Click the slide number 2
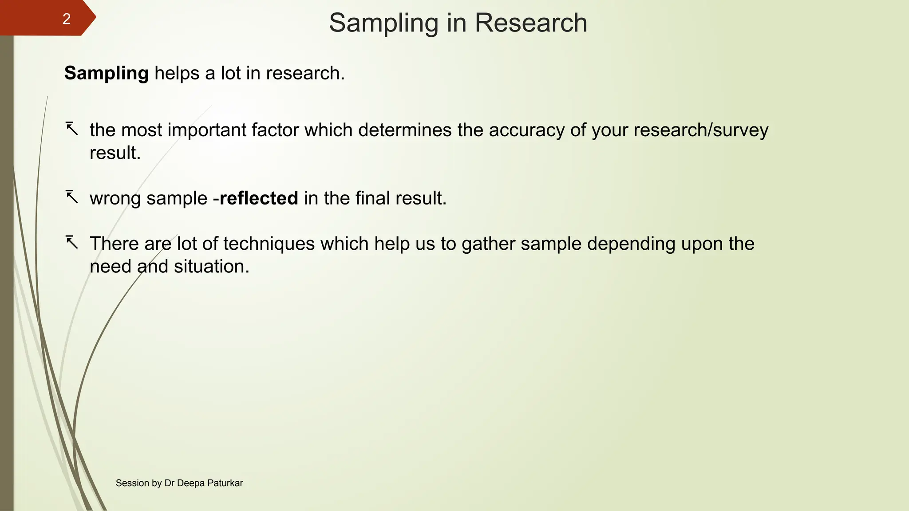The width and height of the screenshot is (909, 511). click(66, 19)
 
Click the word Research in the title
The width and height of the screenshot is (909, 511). click(531, 23)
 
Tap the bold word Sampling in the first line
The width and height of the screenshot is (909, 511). click(107, 73)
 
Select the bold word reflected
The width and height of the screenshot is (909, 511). click(259, 198)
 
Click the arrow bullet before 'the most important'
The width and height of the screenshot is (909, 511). click(72, 129)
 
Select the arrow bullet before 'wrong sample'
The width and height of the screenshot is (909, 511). click(72, 197)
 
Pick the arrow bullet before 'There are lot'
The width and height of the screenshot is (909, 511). click(72, 243)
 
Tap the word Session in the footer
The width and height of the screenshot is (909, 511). click(132, 483)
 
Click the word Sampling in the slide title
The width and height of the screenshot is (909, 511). click(383, 23)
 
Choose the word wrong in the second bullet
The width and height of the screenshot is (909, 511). click(115, 198)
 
